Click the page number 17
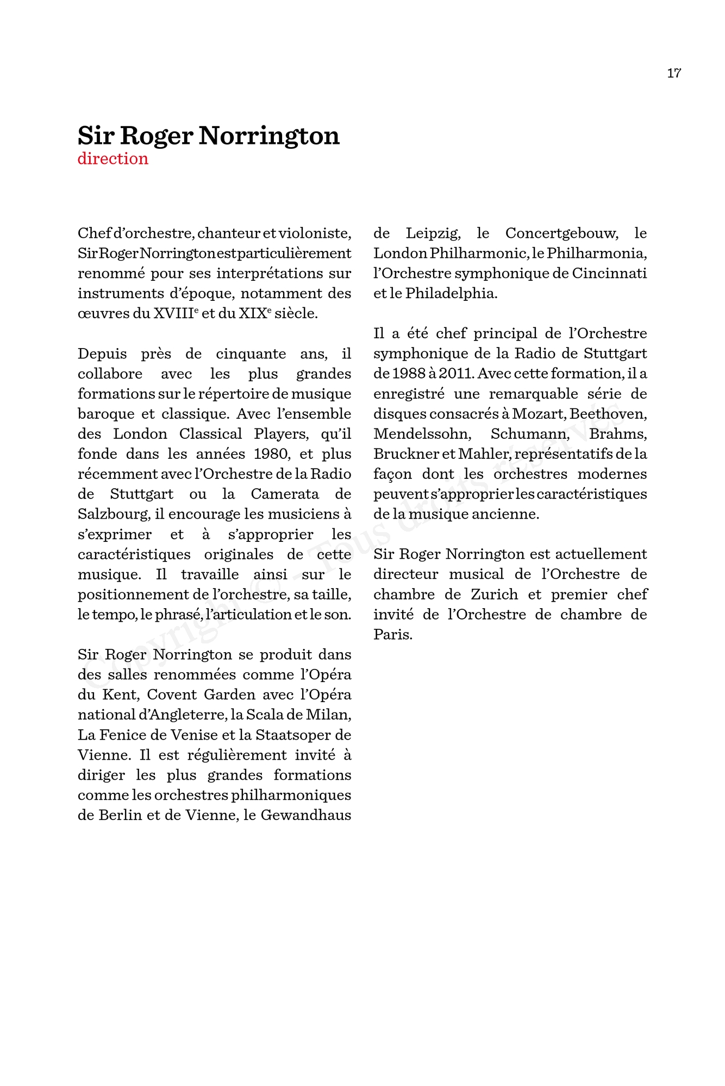click(x=674, y=73)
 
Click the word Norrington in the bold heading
click(x=269, y=136)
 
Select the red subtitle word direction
click(x=113, y=159)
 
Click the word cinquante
click(x=251, y=354)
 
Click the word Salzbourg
click(x=113, y=514)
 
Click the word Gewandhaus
click(x=306, y=816)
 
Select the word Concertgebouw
click(x=561, y=233)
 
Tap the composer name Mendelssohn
click(x=421, y=434)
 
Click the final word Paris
click(x=392, y=635)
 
